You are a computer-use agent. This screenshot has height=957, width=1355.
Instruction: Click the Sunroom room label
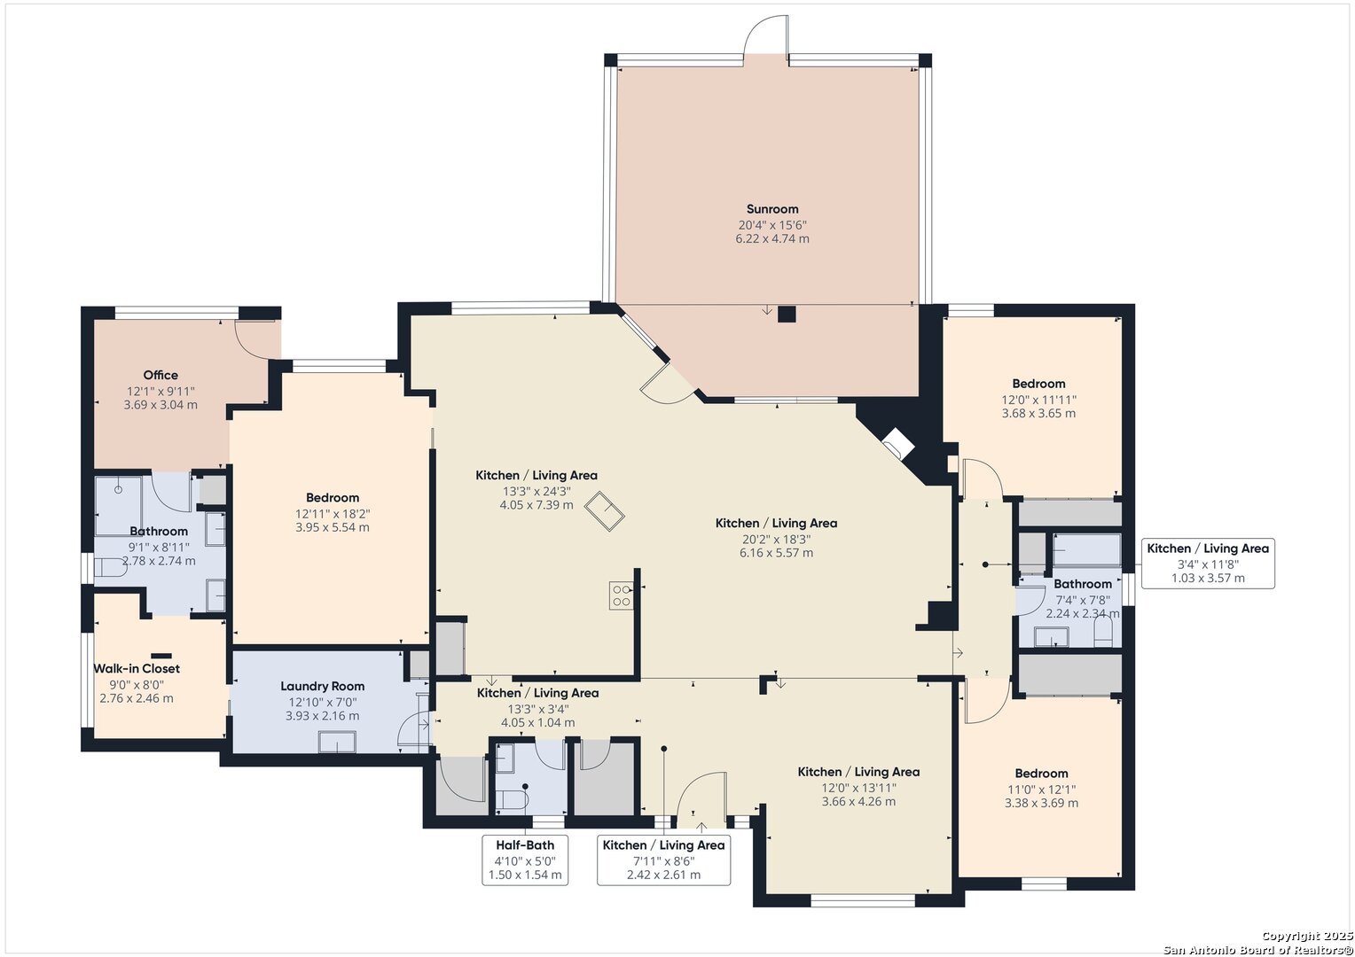click(771, 209)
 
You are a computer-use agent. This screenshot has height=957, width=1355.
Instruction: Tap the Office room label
click(161, 375)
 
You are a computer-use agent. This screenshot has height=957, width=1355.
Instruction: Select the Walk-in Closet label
click(136, 669)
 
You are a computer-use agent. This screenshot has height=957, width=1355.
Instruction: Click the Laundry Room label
click(323, 686)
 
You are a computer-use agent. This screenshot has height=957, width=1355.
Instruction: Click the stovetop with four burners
click(621, 595)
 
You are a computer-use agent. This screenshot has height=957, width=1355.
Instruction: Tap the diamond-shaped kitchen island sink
click(604, 511)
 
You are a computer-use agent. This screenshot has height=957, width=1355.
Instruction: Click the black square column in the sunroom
click(787, 314)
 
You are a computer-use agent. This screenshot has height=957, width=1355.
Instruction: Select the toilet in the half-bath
click(512, 800)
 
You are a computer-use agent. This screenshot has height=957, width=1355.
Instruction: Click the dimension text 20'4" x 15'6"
click(772, 225)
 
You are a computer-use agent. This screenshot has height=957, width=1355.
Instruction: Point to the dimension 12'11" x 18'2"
click(333, 514)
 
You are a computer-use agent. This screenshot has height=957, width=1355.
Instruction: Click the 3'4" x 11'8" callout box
click(1208, 564)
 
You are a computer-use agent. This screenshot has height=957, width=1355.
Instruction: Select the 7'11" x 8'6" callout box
click(663, 860)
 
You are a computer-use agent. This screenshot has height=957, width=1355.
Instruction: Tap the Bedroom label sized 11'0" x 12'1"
click(1041, 774)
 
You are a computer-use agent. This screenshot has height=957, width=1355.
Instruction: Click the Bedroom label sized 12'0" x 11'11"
click(1038, 384)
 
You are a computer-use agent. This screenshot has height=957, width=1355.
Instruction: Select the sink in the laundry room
click(337, 742)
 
